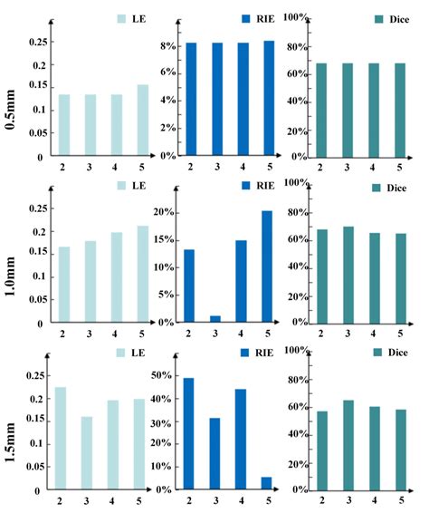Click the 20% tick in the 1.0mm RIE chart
tap(166, 212)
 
